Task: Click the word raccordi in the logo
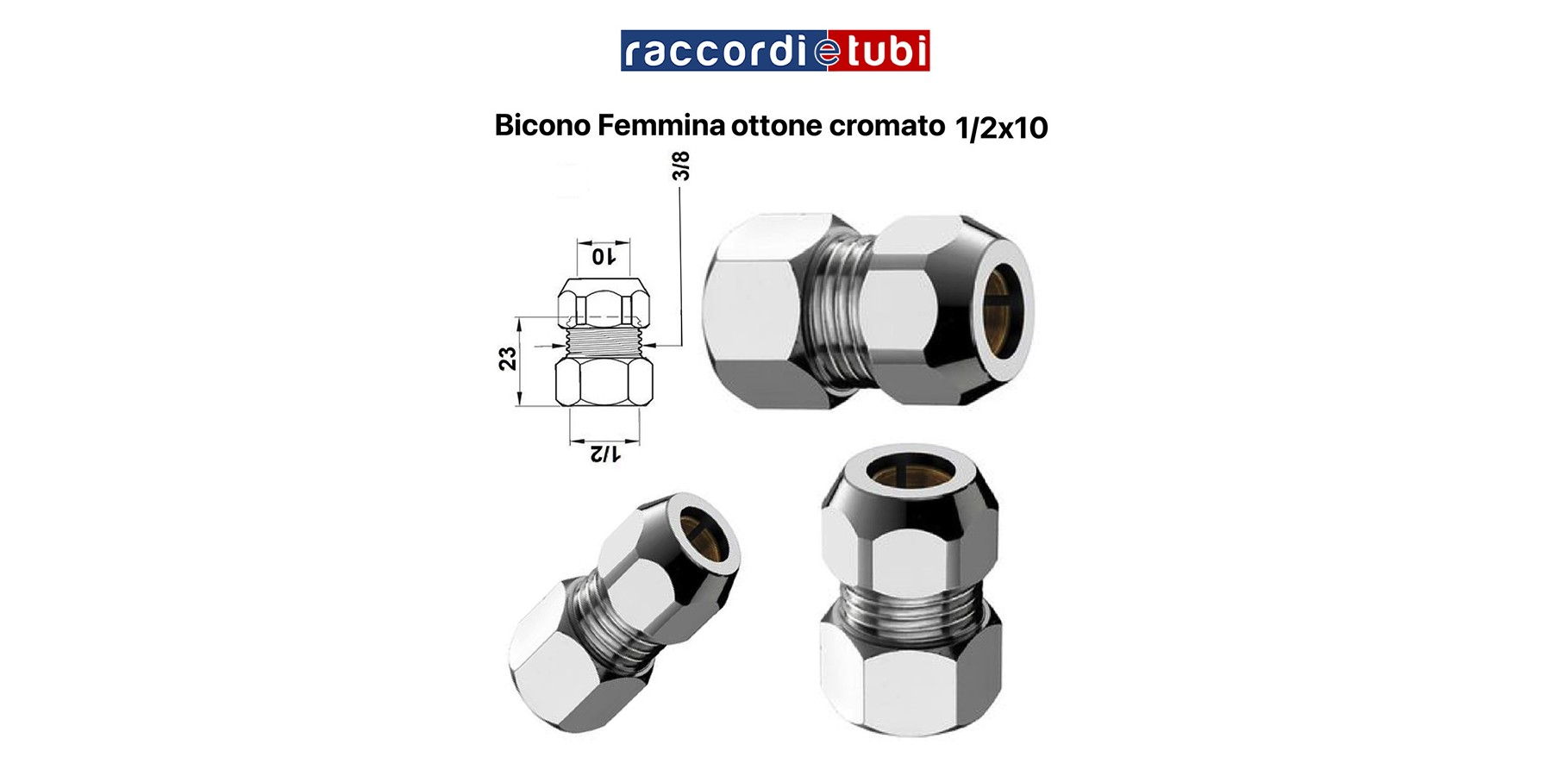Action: tap(714, 52)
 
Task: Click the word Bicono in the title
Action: tap(542, 126)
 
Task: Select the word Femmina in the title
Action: tap(660, 126)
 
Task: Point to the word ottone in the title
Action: tap(776, 126)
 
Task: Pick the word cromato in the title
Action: tap(886, 126)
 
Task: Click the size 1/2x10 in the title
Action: tap(1001, 128)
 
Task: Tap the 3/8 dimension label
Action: tap(681, 166)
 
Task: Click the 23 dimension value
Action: tap(507, 359)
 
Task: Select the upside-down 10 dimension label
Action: tap(603, 256)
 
